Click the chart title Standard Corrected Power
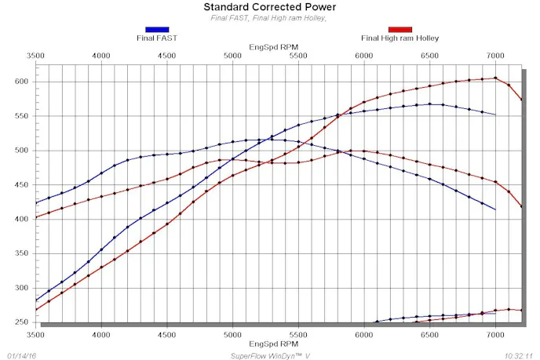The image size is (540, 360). click(x=269, y=7)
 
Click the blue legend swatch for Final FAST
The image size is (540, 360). click(x=157, y=29)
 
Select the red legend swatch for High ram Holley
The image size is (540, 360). click(x=400, y=29)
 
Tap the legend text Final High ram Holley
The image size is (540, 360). click(x=400, y=38)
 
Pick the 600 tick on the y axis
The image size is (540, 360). click(x=20, y=82)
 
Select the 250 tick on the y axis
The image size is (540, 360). click(x=20, y=322)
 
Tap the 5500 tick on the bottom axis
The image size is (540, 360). click(x=297, y=334)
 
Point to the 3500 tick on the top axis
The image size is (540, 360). click(x=35, y=56)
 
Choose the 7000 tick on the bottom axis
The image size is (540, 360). click(x=494, y=334)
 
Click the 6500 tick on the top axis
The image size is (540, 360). click(x=429, y=56)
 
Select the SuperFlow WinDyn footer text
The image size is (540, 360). click(x=269, y=355)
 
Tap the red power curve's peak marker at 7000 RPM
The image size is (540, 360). click(x=495, y=78)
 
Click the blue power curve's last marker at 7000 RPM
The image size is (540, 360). click(x=495, y=115)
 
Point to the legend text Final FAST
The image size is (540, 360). click(x=157, y=38)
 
